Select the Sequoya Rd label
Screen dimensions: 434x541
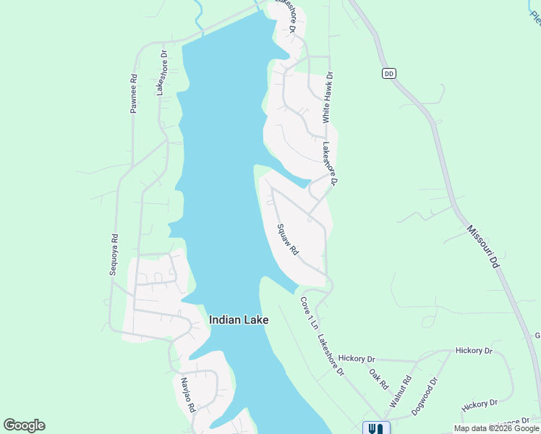point(113,254)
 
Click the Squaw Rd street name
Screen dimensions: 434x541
point(288,239)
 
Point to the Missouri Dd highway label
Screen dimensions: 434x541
point(483,247)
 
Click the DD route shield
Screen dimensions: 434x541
point(389,74)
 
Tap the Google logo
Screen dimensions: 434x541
point(24,425)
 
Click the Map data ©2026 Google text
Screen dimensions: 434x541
point(496,428)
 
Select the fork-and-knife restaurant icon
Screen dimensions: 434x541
point(375,428)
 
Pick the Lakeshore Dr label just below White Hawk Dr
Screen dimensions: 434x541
point(329,163)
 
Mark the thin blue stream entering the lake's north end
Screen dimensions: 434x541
point(198,17)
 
